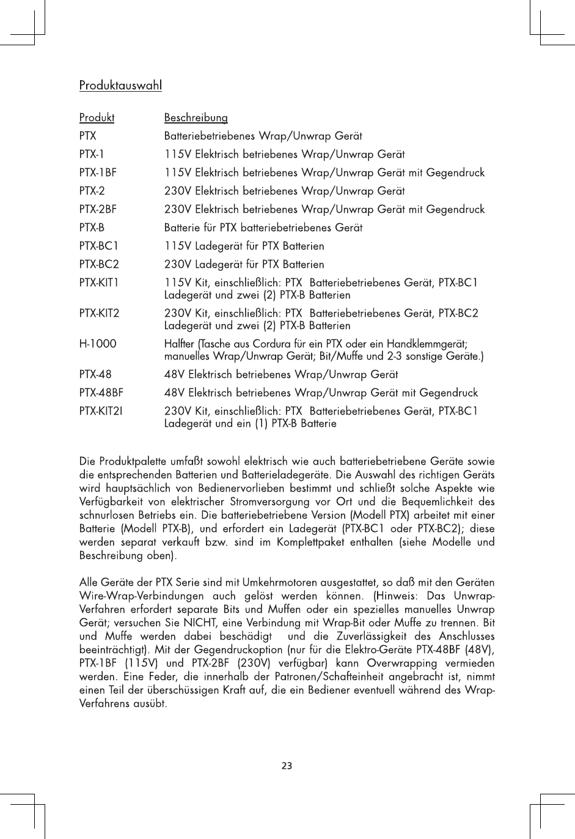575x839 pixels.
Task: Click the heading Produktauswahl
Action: [120, 86]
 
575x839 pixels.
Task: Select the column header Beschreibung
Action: [196, 117]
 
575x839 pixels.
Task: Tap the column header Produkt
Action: [97, 117]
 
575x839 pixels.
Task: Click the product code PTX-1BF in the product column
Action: [98, 172]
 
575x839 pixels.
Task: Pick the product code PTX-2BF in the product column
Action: [98, 209]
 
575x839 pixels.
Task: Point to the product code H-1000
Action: [98, 344]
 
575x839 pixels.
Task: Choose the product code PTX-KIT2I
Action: [101, 411]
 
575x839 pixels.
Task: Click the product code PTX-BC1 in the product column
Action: [99, 246]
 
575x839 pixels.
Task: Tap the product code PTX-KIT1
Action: [99, 283]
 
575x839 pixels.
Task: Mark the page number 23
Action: [287, 765]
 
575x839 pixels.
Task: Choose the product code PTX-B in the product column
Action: [92, 227]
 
